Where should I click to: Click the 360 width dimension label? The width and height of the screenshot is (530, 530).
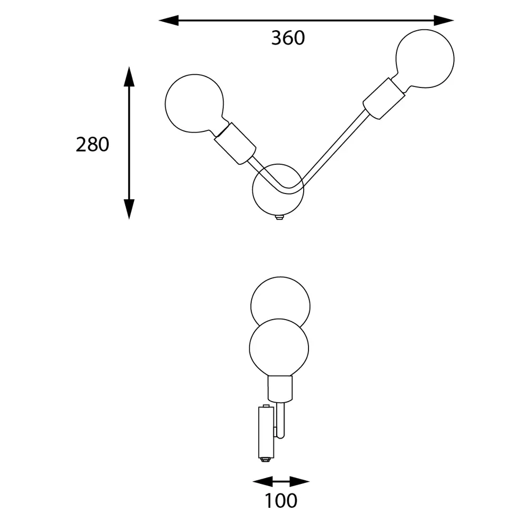click(288, 38)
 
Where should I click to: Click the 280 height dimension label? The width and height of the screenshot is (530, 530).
click(92, 144)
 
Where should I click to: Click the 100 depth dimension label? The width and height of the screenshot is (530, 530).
click(281, 501)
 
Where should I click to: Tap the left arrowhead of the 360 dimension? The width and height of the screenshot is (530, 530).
click(169, 20)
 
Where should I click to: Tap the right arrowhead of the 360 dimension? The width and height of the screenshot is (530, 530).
click(444, 20)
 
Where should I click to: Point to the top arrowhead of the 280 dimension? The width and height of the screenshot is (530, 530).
click(129, 76)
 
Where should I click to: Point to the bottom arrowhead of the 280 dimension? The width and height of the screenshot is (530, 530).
click(129, 209)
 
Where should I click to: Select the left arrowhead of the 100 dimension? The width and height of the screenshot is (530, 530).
click(263, 481)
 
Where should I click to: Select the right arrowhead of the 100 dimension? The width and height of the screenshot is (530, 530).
click(299, 481)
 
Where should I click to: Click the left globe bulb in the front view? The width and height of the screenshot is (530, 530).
click(195, 103)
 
